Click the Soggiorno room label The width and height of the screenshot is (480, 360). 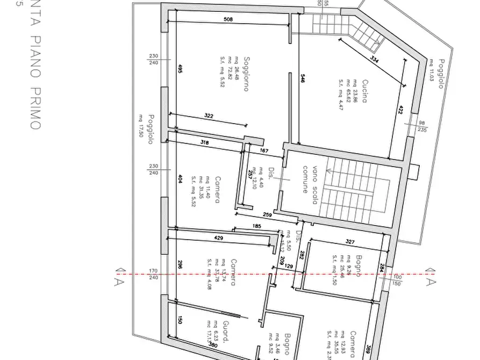[x=246, y=74]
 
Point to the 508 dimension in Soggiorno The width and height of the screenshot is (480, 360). [x=228, y=20]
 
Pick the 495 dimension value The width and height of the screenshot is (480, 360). [x=180, y=69]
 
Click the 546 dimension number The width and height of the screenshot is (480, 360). [x=303, y=79]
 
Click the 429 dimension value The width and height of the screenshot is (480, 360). [x=219, y=237]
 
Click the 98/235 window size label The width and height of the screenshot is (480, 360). [x=422, y=126]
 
